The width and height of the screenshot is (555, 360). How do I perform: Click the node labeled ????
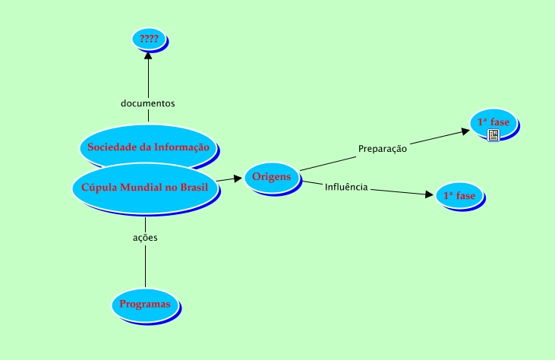click(x=149, y=37)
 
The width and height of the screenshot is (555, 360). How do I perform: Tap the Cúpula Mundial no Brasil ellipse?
click(x=144, y=188)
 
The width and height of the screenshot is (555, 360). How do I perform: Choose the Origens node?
click(x=272, y=177)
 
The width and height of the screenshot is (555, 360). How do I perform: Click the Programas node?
click(x=147, y=304)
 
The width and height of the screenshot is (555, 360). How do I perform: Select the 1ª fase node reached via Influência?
click(x=459, y=195)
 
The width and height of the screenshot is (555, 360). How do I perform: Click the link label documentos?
click(x=148, y=103)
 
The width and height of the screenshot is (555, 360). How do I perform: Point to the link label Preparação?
click(x=383, y=149)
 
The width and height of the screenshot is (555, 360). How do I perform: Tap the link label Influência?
click(x=346, y=187)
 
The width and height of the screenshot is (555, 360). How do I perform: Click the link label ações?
click(x=145, y=237)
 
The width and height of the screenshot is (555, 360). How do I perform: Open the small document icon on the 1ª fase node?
click(x=494, y=135)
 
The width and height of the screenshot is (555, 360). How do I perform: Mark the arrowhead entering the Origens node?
click(x=239, y=179)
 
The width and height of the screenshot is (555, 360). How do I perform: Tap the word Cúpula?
click(x=97, y=188)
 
